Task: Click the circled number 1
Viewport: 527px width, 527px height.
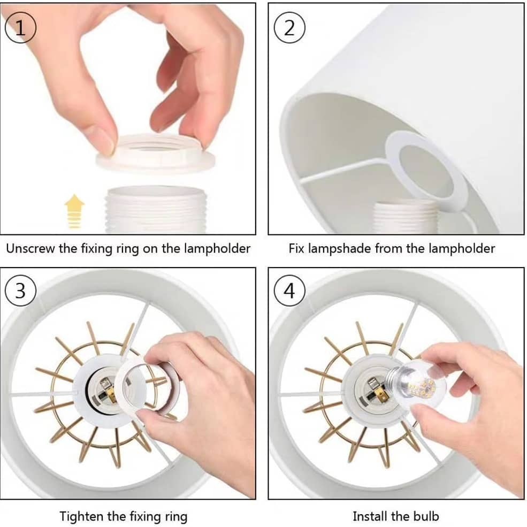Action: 20,28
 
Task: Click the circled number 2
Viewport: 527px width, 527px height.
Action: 289,28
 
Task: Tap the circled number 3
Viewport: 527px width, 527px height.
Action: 20,291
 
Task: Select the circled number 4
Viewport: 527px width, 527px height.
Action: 289,291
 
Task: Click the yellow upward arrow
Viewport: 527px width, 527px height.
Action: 74,211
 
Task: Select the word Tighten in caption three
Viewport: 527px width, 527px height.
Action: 82,516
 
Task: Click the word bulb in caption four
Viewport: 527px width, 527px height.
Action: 426,516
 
